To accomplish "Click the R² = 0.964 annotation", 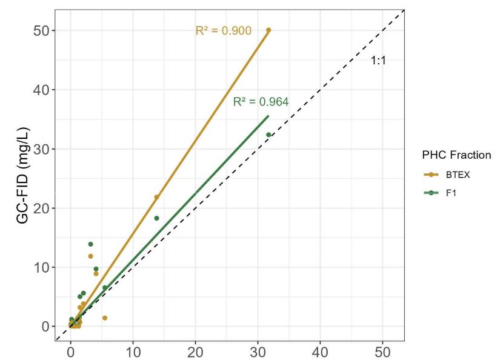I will (261, 102).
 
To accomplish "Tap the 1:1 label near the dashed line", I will (378, 61).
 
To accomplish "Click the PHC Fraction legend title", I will (456, 155).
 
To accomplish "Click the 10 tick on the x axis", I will (133, 350).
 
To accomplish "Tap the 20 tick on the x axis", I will (196, 350).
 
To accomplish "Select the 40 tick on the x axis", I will (321, 350).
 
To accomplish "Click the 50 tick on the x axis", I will (383, 350).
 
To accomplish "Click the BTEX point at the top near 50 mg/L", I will (268, 30).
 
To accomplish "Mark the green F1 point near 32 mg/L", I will (268, 135).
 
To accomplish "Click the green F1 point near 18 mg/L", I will (156, 218).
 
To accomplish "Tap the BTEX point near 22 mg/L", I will (156, 197).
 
